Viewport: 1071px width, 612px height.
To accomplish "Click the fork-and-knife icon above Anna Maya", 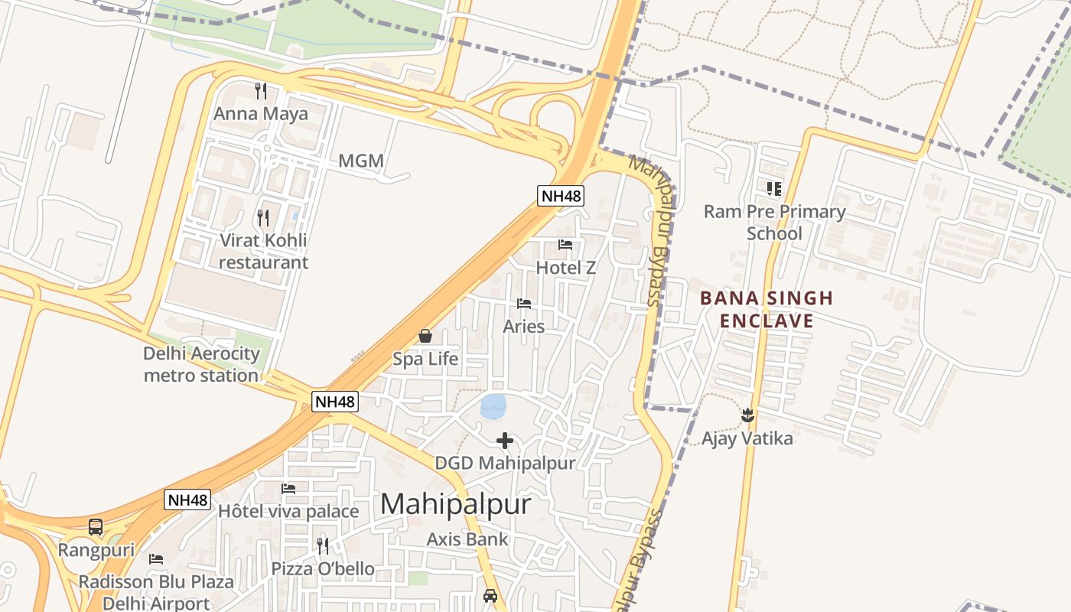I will pyautogui.click(x=261, y=91).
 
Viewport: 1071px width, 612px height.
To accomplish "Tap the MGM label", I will pyautogui.click(x=361, y=161).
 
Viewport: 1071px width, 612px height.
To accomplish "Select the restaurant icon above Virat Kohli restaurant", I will pyautogui.click(x=263, y=217).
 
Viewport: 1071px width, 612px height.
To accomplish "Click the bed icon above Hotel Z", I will pyautogui.click(x=565, y=245).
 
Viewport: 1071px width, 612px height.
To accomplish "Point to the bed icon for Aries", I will pyautogui.click(x=524, y=304).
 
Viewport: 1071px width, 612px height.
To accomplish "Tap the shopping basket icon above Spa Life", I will pyautogui.click(x=425, y=336).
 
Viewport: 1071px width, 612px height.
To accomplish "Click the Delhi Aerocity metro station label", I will pyautogui.click(x=201, y=365).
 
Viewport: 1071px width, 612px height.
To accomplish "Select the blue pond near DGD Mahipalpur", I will pyautogui.click(x=493, y=406).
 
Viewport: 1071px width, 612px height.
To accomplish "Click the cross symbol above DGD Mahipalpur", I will pyautogui.click(x=505, y=441).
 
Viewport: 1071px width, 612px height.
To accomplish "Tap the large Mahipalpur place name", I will pyautogui.click(x=455, y=504).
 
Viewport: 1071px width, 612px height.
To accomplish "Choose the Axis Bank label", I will pyautogui.click(x=467, y=539).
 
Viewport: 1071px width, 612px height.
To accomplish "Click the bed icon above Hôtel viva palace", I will pyautogui.click(x=288, y=488).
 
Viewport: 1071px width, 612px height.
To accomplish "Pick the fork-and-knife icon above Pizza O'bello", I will pyautogui.click(x=323, y=545).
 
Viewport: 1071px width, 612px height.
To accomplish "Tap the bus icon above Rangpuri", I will pyautogui.click(x=96, y=527).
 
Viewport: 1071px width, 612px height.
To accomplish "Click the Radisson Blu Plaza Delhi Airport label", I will pyautogui.click(x=156, y=592).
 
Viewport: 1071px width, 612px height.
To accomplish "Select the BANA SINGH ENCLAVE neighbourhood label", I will pyautogui.click(x=767, y=309).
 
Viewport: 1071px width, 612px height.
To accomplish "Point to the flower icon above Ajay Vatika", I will pyautogui.click(x=747, y=416).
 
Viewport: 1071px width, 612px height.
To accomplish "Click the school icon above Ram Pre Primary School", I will pyautogui.click(x=774, y=188).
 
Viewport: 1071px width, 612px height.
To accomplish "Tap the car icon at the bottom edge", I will pyautogui.click(x=490, y=595).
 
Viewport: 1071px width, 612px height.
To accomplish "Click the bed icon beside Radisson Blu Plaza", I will pyautogui.click(x=156, y=559).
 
